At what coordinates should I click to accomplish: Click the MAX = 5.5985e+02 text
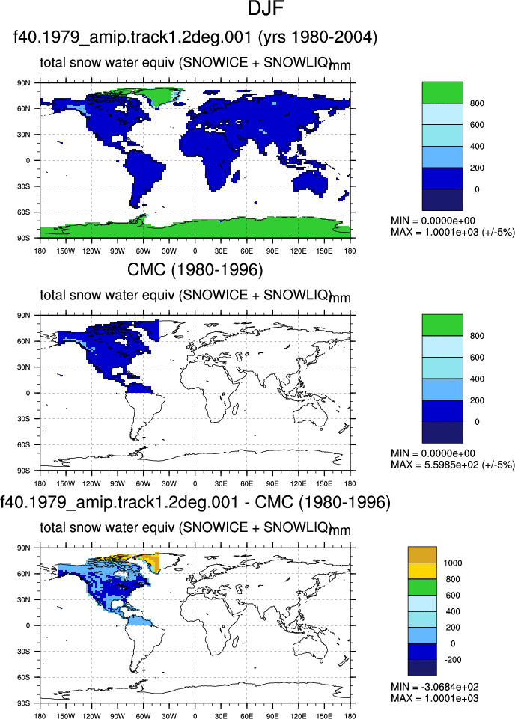453,465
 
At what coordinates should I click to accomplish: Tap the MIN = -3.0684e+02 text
435,686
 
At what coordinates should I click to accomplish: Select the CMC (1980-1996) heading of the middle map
195,269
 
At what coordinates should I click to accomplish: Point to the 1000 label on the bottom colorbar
453,563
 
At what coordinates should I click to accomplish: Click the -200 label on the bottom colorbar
451,660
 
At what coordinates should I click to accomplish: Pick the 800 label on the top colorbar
477,104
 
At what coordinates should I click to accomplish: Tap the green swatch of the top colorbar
442,93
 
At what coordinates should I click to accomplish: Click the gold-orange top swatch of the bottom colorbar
422,555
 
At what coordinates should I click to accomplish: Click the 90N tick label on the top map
24,83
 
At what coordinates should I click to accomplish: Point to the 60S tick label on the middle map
24,444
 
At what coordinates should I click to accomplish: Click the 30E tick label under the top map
221,251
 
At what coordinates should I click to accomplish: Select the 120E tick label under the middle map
298,483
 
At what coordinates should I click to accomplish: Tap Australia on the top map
311,182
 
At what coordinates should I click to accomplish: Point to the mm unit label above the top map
341,66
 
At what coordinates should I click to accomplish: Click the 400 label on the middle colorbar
477,379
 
